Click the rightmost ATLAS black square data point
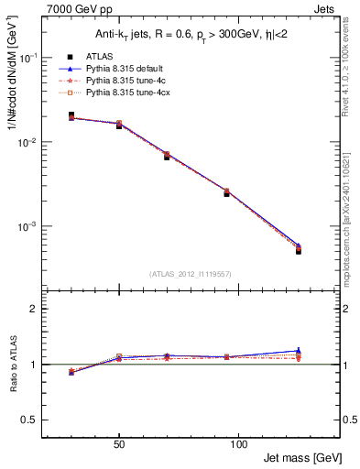point(299,251)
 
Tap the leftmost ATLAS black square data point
point(71,115)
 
